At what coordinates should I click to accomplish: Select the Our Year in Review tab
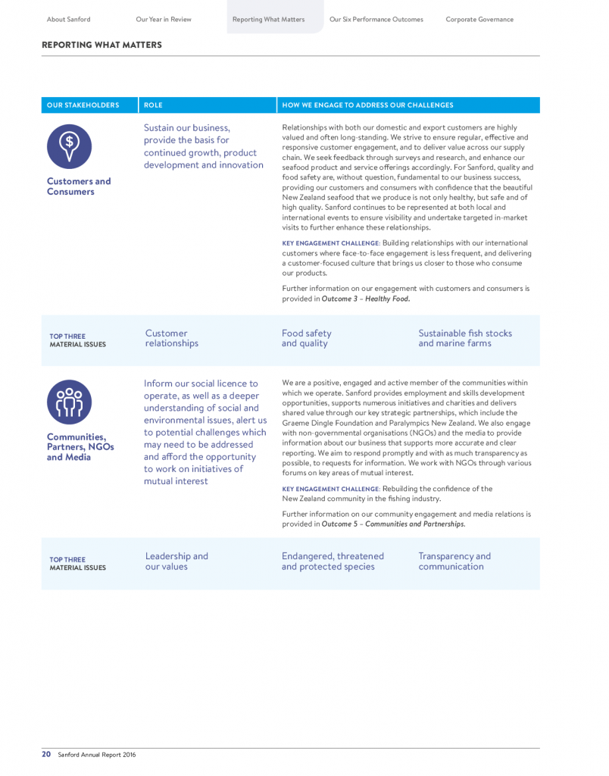(164, 19)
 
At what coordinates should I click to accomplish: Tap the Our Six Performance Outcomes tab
(376, 19)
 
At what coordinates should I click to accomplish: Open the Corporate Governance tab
(479, 19)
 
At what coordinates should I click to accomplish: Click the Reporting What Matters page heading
(101, 45)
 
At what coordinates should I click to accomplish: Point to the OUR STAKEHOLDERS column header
(83, 105)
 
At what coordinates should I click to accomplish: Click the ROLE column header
(153, 105)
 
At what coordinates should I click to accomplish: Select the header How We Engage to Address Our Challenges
(367, 105)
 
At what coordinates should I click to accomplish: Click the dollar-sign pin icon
(69, 146)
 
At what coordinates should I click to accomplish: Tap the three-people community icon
(69, 402)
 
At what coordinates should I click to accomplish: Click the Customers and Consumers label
(79, 186)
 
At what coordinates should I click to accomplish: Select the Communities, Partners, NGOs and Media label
(80, 447)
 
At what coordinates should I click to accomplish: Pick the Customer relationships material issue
(171, 338)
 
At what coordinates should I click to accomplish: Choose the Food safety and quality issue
(306, 338)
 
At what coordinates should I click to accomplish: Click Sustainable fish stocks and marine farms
(464, 338)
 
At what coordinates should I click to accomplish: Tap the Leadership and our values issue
(176, 561)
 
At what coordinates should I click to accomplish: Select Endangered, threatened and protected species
(333, 561)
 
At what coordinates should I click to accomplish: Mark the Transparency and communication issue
(454, 561)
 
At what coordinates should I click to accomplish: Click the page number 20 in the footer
(46, 754)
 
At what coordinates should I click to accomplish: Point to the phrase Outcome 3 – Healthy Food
(365, 299)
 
